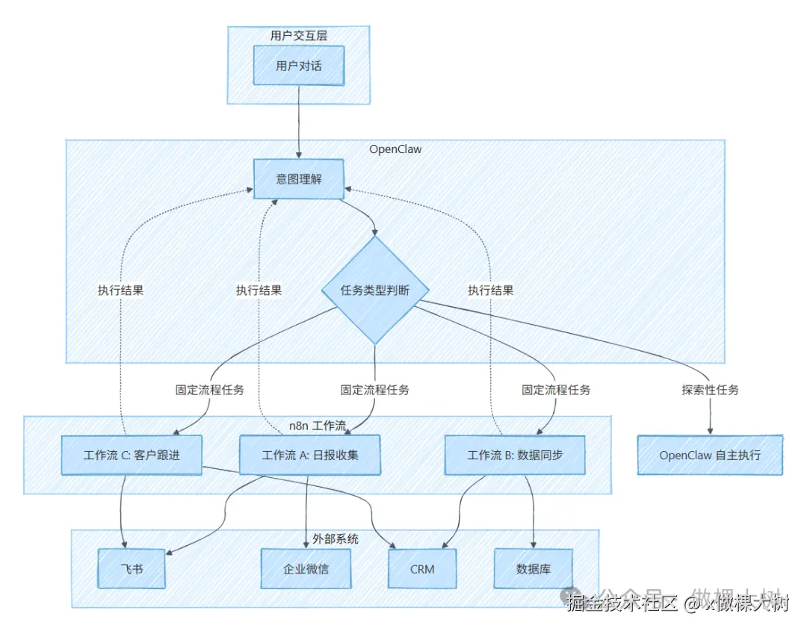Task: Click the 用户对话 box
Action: click(x=298, y=66)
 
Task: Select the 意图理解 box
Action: click(x=298, y=179)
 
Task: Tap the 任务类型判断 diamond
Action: click(x=374, y=290)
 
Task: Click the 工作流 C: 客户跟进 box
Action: click(x=132, y=455)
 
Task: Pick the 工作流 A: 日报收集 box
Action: click(x=309, y=455)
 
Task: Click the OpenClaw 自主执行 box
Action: click(x=710, y=455)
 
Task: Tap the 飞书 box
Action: click(x=132, y=568)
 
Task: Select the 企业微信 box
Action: click(x=306, y=568)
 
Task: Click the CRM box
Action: click(x=422, y=568)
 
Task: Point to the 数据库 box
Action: click(x=534, y=568)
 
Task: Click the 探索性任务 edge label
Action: click(x=710, y=389)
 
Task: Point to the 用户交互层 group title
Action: click(x=298, y=35)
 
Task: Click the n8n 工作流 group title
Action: click(x=318, y=426)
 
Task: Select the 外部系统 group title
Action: click(x=335, y=538)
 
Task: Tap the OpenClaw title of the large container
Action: click(x=395, y=149)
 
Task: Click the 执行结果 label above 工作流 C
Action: click(x=120, y=290)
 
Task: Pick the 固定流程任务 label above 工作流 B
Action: click(x=555, y=389)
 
